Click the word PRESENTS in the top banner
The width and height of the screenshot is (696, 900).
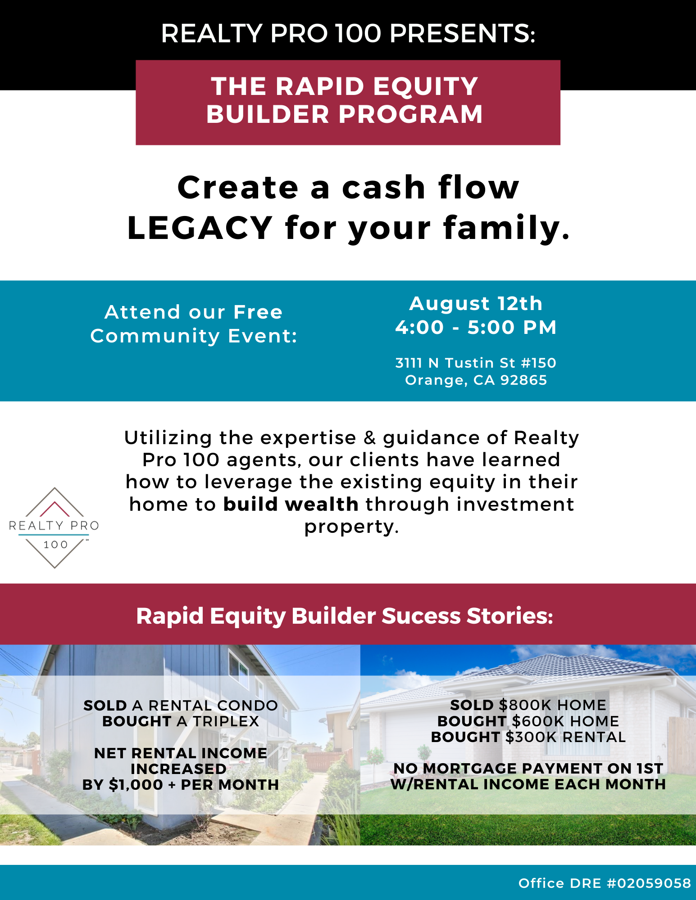pos(462,33)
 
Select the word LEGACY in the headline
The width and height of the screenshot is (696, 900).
pos(200,228)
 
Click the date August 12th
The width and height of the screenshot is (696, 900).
pos(476,304)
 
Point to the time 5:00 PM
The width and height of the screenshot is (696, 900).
pos(512,328)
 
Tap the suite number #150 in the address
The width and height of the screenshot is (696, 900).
pos(538,363)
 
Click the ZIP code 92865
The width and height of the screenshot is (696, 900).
pos(523,380)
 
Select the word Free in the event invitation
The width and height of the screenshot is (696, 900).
pos(258,312)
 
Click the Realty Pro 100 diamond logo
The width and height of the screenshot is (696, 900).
pos(54,527)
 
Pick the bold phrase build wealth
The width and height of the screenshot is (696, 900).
pos(291,504)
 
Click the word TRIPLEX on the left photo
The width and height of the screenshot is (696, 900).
pos(226,721)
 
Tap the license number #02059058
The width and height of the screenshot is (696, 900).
pos(649,883)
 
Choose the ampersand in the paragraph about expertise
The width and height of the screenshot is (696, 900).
pos(369,438)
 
